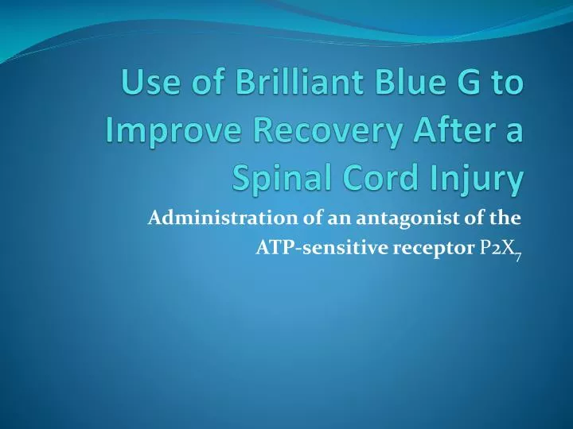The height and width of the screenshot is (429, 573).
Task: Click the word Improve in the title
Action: click(x=174, y=131)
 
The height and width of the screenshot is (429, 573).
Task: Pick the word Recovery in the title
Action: click(x=327, y=132)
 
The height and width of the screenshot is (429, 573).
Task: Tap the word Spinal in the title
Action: click(x=282, y=179)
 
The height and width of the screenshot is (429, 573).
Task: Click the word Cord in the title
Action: click(x=380, y=178)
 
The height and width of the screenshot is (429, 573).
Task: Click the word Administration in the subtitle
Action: click(x=223, y=218)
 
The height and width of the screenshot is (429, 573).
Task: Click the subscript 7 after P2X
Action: click(x=517, y=257)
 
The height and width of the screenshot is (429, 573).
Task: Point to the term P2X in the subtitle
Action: click(x=496, y=248)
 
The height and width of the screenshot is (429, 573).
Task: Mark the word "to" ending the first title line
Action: click(x=508, y=83)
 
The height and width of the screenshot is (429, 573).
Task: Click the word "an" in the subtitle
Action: click(x=340, y=220)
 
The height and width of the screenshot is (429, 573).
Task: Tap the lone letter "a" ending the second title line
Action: click(x=514, y=133)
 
